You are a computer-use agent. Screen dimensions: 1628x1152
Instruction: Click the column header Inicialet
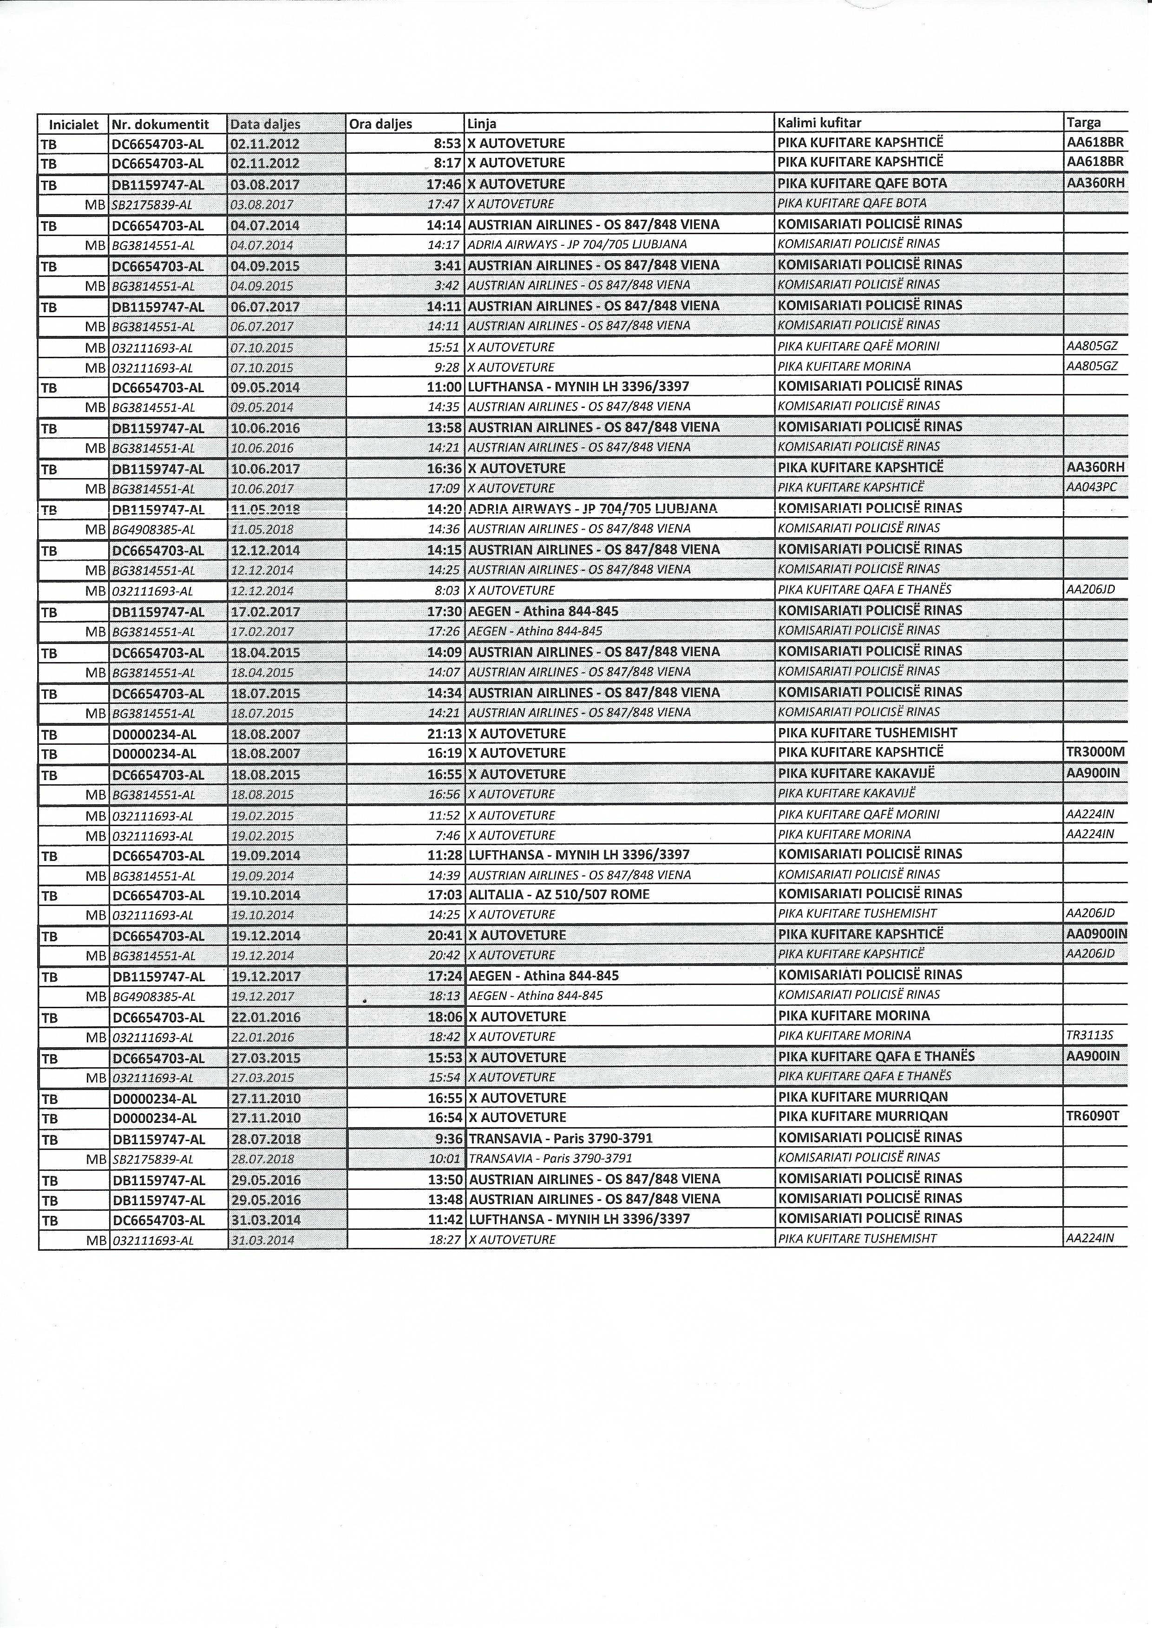[x=73, y=124]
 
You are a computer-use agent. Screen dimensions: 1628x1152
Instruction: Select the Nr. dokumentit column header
[x=160, y=124]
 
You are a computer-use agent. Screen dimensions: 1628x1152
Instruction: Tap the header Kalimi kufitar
[x=819, y=124]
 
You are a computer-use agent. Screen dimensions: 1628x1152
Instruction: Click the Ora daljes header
[x=381, y=124]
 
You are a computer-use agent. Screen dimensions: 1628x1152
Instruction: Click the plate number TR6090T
[x=1093, y=1116]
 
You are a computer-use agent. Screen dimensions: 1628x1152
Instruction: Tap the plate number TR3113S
[x=1090, y=1036]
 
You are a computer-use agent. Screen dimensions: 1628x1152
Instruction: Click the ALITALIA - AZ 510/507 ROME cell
[x=559, y=894]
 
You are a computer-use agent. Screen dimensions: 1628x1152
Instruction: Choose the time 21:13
[x=445, y=734]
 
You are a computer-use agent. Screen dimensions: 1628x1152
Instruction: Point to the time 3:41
[x=448, y=265]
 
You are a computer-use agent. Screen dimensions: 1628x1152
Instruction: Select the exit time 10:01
[x=445, y=1158]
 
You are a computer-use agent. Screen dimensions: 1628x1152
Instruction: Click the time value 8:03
[x=448, y=590]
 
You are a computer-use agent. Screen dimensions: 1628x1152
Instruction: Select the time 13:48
[x=445, y=1199]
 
